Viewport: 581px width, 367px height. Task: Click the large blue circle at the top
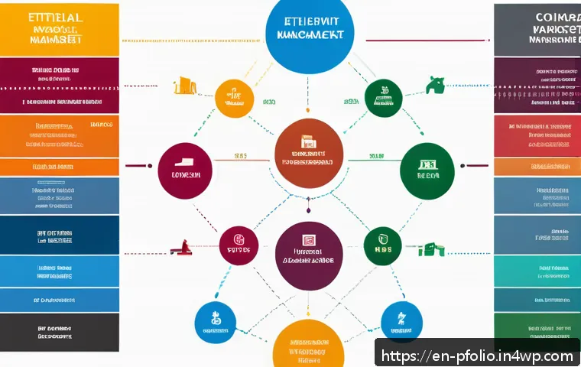[310, 34]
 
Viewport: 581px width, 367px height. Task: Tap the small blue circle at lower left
[215, 321]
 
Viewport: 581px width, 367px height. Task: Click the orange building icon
[183, 85]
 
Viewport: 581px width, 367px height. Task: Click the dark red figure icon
[182, 247]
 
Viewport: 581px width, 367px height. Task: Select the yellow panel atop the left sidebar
[60, 29]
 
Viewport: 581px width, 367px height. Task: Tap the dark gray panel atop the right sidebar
[537, 29]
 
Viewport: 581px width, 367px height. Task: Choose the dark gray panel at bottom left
[60, 331]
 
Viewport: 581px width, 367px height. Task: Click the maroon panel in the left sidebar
[60, 86]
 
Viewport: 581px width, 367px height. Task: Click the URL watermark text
[477, 356]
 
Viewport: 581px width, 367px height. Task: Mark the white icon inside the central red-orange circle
[309, 142]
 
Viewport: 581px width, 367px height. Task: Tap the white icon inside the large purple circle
[309, 240]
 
